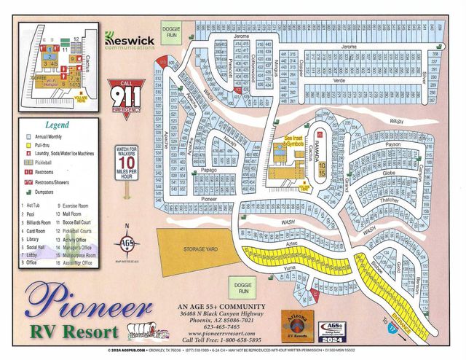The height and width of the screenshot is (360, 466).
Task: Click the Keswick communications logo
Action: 130,40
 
